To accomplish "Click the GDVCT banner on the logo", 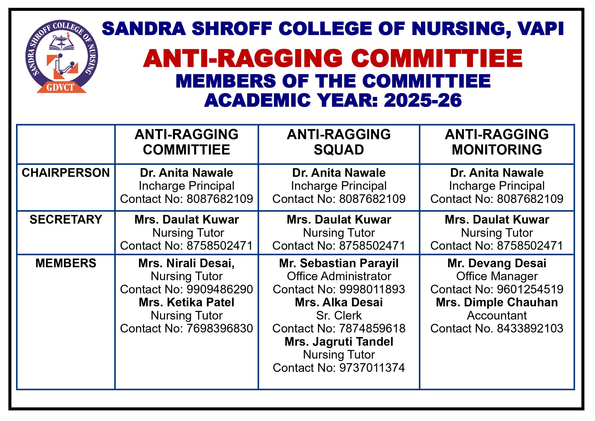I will (x=61, y=88).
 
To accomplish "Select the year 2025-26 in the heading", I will (x=423, y=101).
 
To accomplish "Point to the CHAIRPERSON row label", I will (x=66, y=173).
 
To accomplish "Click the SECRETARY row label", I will (x=66, y=219).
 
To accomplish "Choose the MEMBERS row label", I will (x=66, y=263).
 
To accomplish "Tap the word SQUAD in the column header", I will (x=339, y=150).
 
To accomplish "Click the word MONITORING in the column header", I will (x=497, y=150).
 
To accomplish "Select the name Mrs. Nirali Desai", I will (x=186, y=263).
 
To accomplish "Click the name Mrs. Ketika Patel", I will (x=186, y=302).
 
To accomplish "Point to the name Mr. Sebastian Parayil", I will (x=339, y=263).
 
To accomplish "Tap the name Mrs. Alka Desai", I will (x=339, y=302).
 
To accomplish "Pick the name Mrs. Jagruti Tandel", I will (x=339, y=342).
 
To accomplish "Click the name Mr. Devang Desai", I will (x=497, y=263).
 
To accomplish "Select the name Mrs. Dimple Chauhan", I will (x=497, y=302).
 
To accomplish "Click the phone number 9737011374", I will (x=372, y=368).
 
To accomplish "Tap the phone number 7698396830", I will (x=219, y=329).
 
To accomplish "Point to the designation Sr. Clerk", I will (x=339, y=316).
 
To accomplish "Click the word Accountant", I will (x=497, y=316).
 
